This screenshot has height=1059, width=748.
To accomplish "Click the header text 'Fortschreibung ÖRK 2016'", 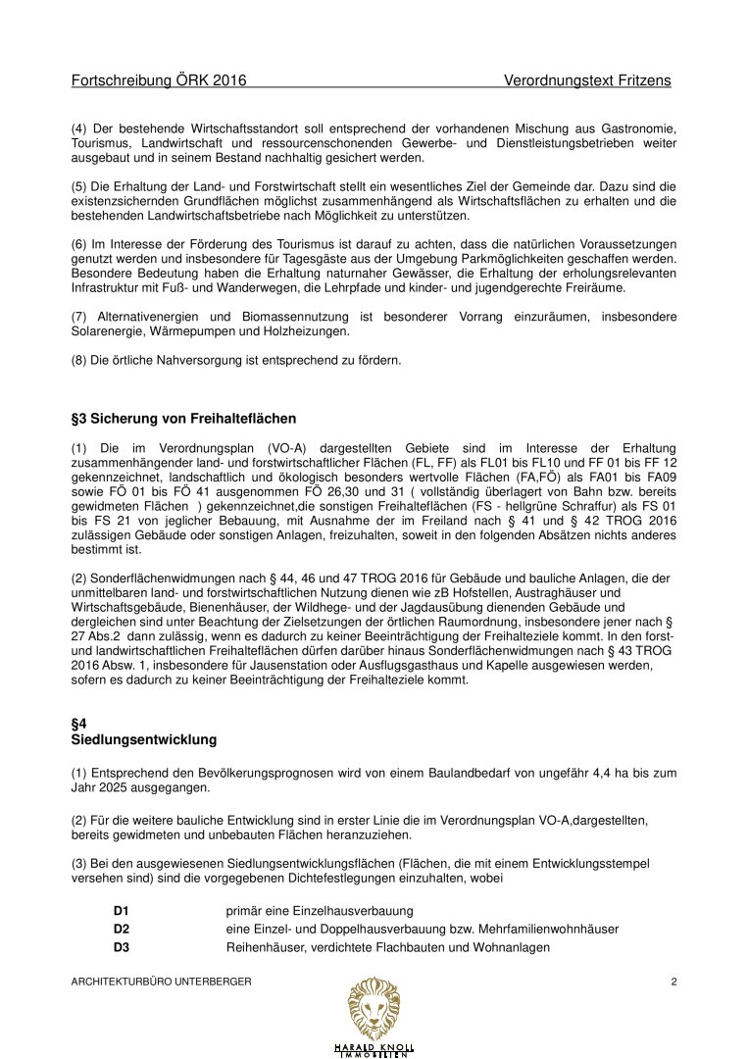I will (159, 80).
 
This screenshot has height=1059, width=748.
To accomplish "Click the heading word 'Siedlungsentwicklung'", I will (144, 738).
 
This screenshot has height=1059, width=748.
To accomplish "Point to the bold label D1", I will (122, 911).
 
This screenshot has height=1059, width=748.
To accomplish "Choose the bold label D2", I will (122, 929).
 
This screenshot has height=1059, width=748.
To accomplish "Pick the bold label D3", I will (122, 947).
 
